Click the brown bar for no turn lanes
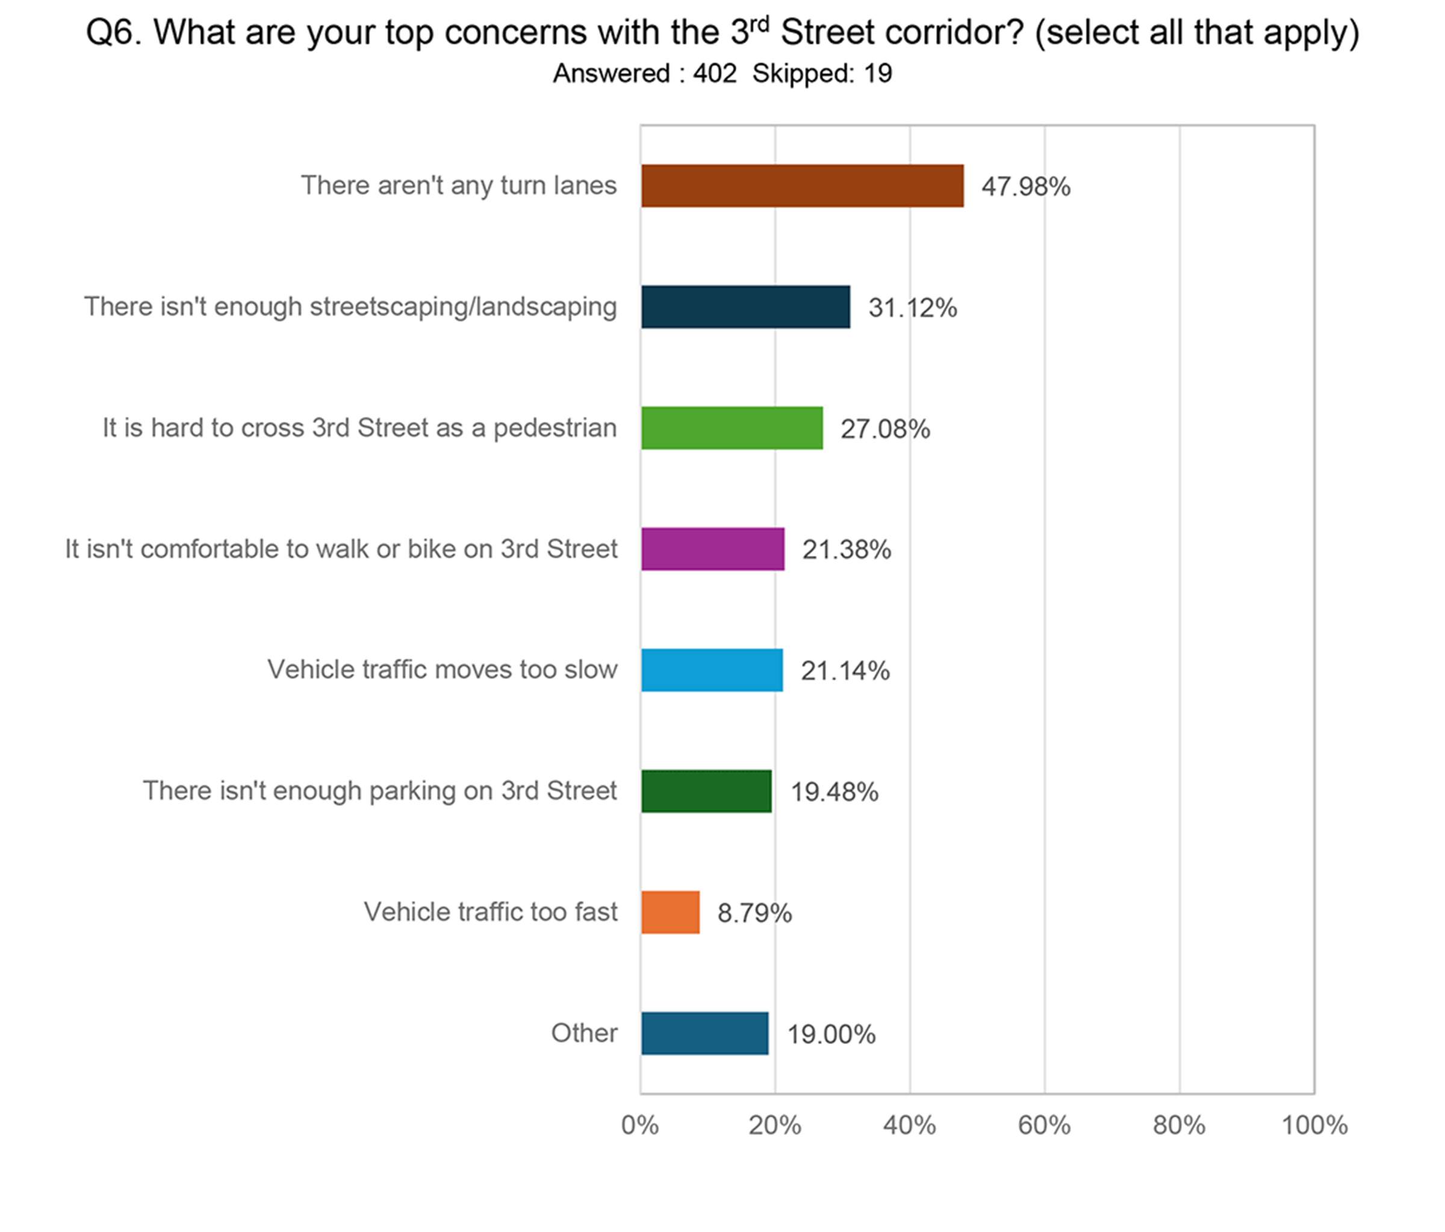point(802,185)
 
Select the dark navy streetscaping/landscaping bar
point(745,307)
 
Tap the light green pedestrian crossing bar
point(732,428)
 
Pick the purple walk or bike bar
point(713,549)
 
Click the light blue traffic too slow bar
point(711,670)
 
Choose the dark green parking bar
point(706,791)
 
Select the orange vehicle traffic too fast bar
point(670,912)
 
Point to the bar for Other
point(704,1033)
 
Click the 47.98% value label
point(1025,187)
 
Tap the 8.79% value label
point(754,913)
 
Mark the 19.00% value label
point(831,1034)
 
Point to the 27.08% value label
point(885,429)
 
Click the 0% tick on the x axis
point(639,1125)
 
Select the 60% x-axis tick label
point(1044,1125)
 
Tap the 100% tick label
point(1314,1125)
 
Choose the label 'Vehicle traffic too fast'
point(490,912)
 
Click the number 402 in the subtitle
point(715,73)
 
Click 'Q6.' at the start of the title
point(114,33)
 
